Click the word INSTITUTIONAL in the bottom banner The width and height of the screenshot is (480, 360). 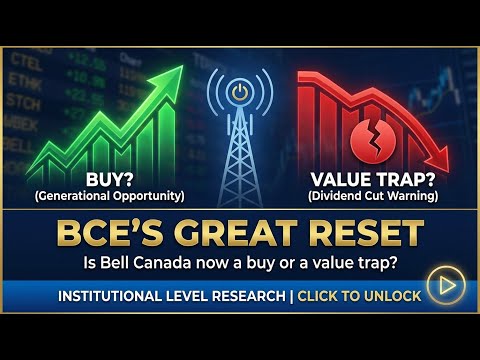tap(113, 297)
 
